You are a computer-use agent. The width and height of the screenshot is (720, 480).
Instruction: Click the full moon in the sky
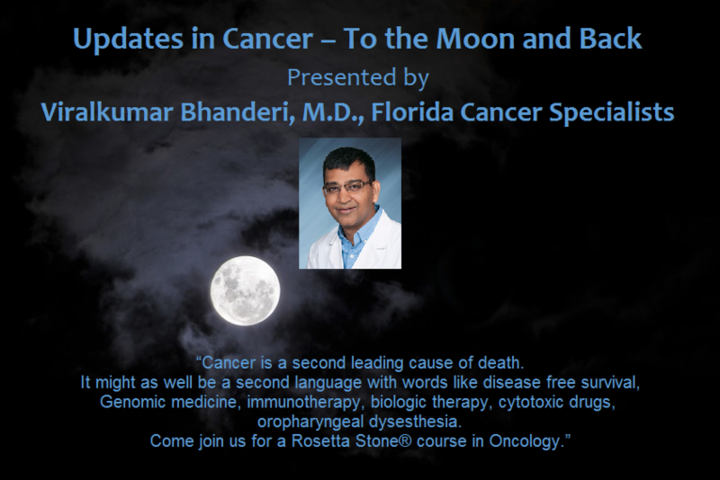click(x=245, y=290)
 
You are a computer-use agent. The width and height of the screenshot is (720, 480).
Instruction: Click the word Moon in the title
click(x=476, y=39)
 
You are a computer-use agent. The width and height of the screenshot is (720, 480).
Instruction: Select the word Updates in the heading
click(x=128, y=40)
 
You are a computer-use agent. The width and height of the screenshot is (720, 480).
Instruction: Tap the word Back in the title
click(x=610, y=39)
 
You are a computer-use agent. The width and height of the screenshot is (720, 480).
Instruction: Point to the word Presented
click(x=342, y=77)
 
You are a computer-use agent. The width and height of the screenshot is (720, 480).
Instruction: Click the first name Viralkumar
click(x=107, y=112)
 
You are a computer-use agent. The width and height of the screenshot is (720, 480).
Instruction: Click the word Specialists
click(x=612, y=112)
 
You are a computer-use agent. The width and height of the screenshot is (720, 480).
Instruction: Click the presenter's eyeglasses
click(x=347, y=186)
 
